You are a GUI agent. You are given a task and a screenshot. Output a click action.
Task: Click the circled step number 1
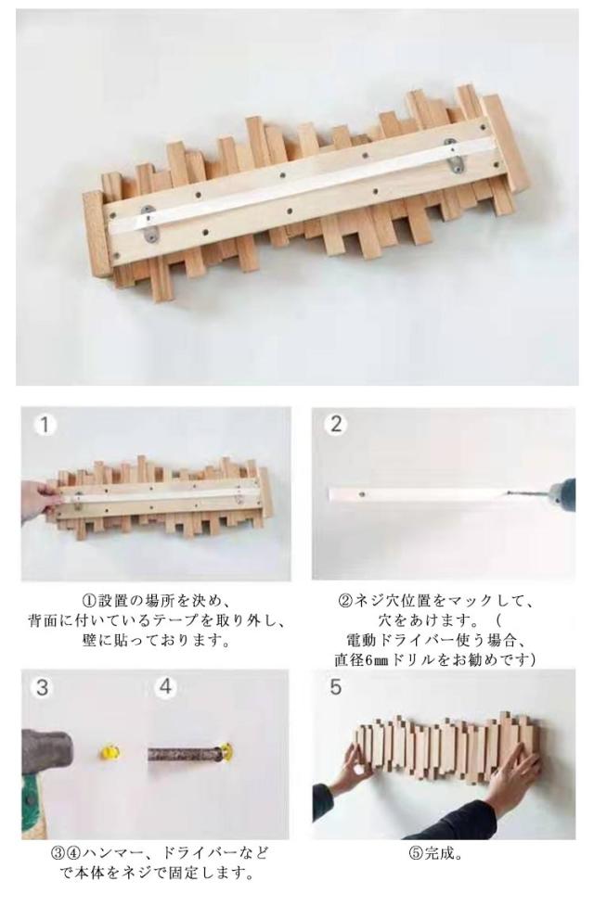point(45,425)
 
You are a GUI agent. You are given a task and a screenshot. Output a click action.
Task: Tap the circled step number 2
point(335,424)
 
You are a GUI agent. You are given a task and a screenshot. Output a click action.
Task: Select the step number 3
point(42,687)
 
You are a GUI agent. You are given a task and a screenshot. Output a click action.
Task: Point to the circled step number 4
point(166,686)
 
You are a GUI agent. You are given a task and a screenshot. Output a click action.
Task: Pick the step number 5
point(335,687)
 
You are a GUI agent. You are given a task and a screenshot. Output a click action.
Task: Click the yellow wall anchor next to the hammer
point(110,752)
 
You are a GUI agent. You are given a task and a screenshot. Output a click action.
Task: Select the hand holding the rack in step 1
point(39,500)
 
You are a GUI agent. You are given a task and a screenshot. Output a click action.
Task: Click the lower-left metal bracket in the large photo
point(150,223)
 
